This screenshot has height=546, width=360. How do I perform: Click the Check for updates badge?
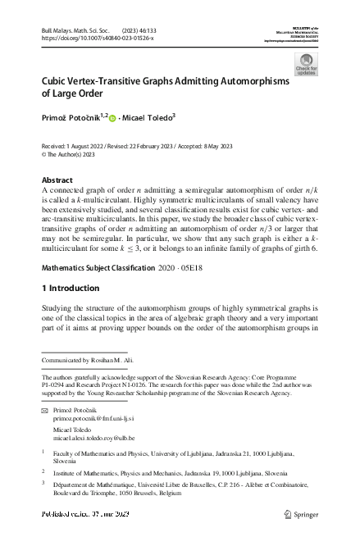(x=305, y=65)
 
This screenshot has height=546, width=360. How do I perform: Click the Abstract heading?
(x=57, y=180)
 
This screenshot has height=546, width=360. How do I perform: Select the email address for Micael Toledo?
(x=92, y=438)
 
